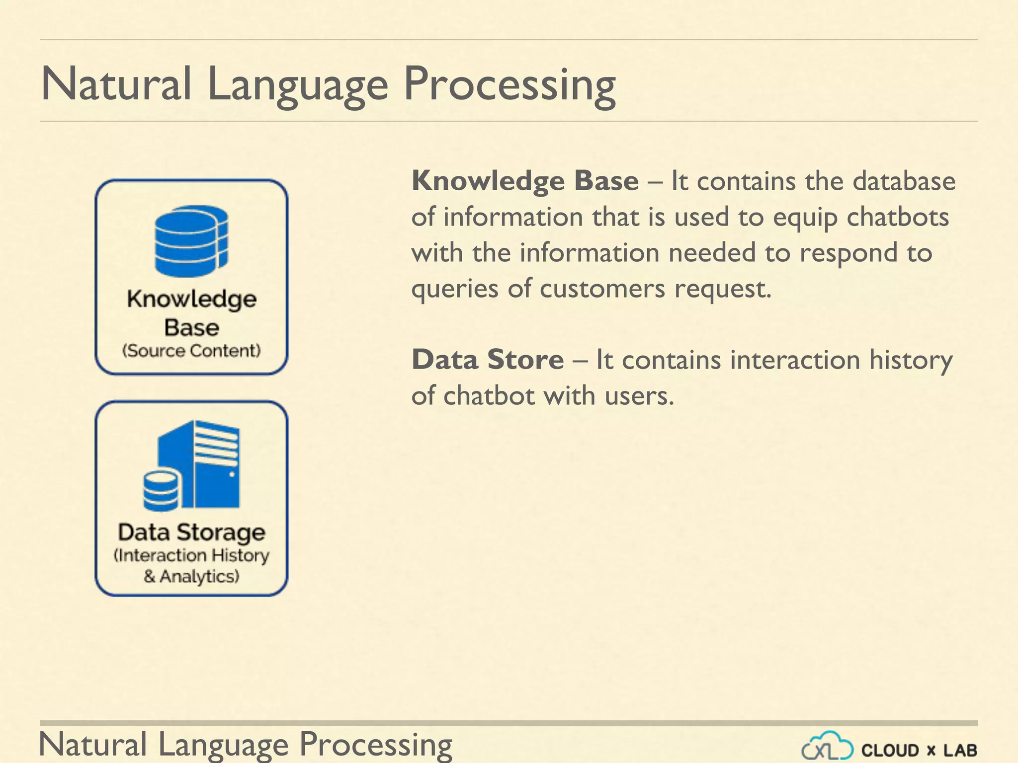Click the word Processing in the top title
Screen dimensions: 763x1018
coord(509,84)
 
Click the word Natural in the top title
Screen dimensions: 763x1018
coord(116,84)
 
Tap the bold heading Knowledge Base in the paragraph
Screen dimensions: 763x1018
coord(525,181)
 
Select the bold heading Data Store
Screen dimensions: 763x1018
coord(488,360)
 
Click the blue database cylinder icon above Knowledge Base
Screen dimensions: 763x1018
coord(191,241)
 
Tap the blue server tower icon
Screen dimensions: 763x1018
coord(209,464)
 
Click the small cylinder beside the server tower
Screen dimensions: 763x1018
coord(161,491)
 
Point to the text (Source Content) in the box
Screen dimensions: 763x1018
coord(191,351)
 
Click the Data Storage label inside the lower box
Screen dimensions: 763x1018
coord(191,532)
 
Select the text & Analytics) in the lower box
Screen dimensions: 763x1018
coord(191,577)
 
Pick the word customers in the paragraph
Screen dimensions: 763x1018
coord(602,289)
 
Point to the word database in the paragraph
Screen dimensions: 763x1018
coord(904,181)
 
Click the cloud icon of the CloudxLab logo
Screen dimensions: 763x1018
coord(827,746)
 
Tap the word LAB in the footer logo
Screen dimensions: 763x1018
coord(960,750)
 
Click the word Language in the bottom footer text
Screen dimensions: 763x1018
coord(223,744)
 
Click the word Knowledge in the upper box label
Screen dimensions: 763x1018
coord(191,299)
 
